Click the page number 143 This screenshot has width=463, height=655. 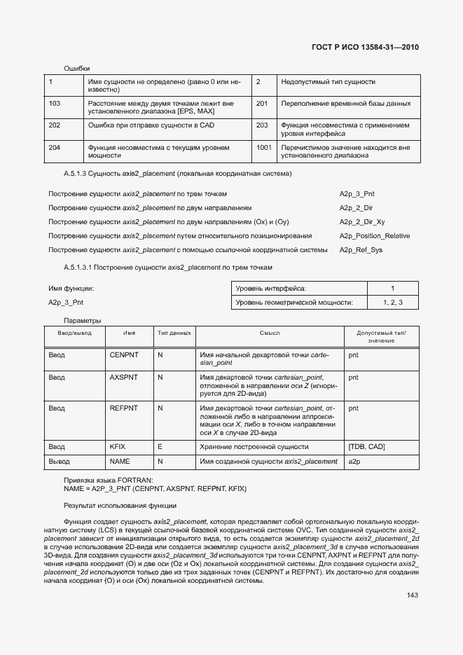(412, 595)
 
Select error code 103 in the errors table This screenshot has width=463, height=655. (54, 103)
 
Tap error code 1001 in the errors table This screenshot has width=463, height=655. (263, 147)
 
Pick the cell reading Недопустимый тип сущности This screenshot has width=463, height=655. (328, 82)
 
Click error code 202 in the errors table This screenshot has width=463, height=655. (54, 125)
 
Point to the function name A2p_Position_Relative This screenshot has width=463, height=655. (375, 236)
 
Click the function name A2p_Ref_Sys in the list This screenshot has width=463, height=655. (361, 250)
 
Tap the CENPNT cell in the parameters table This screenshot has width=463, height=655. (124, 355)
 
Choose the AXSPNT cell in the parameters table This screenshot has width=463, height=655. (124, 377)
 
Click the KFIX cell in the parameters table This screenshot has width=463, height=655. (117, 446)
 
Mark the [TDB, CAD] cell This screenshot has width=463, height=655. (366, 446)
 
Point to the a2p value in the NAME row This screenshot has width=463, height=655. (354, 461)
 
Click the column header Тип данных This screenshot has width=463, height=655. (174, 333)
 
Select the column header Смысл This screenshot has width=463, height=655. (269, 333)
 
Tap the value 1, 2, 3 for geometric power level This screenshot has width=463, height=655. (392, 303)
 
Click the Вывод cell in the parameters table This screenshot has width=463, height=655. (59, 461)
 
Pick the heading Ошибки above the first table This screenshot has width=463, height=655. (77, 68)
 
